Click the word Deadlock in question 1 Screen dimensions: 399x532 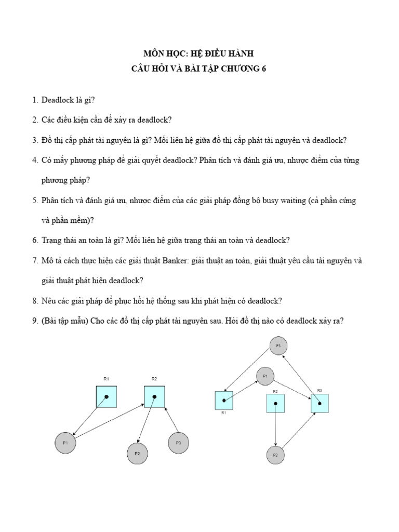tap(58, 100)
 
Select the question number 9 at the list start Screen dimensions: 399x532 tap(34, 321)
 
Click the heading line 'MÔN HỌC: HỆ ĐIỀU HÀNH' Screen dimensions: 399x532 tap(199, 54)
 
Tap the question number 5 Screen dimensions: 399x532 tap(34, 201)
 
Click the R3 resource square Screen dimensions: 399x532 tap(320, 403)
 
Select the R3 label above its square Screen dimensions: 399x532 tap(320, 390)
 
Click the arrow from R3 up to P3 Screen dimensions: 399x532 tap(300, 377)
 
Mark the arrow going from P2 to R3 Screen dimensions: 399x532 tap(298, 430)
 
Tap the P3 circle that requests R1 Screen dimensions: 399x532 tap(278, 345)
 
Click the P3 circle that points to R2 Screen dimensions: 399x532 tap(178, 443)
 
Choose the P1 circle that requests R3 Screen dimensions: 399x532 tap(265, 376)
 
